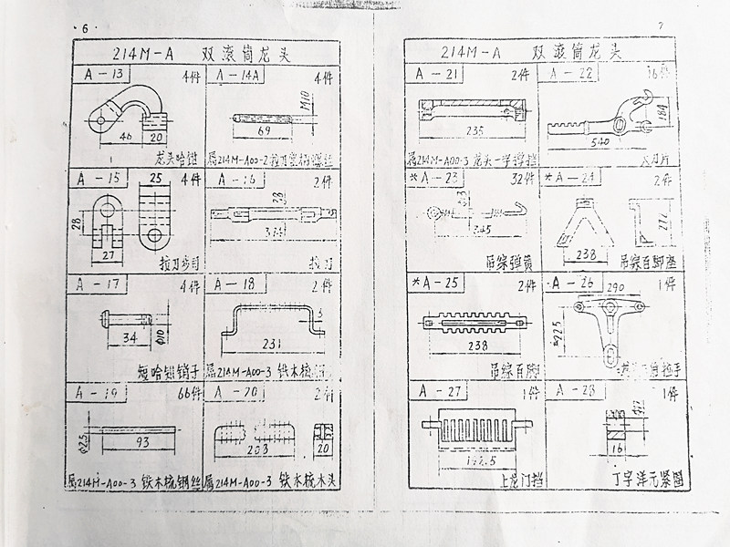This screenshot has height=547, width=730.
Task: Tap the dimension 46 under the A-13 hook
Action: coord(127,135)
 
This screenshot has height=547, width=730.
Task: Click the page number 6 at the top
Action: coord(85,27)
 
